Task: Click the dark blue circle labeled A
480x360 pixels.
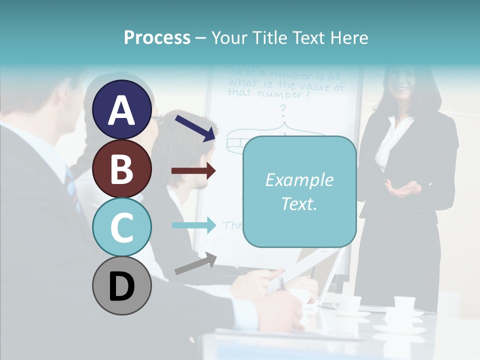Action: [122, 109]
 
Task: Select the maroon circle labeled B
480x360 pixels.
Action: [122, 168]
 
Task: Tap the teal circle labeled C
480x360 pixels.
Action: [122, 227]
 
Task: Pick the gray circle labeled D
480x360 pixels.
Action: [122, 286]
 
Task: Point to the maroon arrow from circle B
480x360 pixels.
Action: [193, 171]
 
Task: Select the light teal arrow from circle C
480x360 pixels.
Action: [193, 224]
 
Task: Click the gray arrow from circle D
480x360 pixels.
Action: [195, 264]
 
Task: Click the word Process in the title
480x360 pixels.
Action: [157, 37]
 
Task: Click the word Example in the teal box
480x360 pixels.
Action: [299, 180]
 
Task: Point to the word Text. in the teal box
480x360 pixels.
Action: [299, 203]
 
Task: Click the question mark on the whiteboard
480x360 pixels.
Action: [283, 108]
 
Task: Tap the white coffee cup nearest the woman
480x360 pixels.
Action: [404, 304]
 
